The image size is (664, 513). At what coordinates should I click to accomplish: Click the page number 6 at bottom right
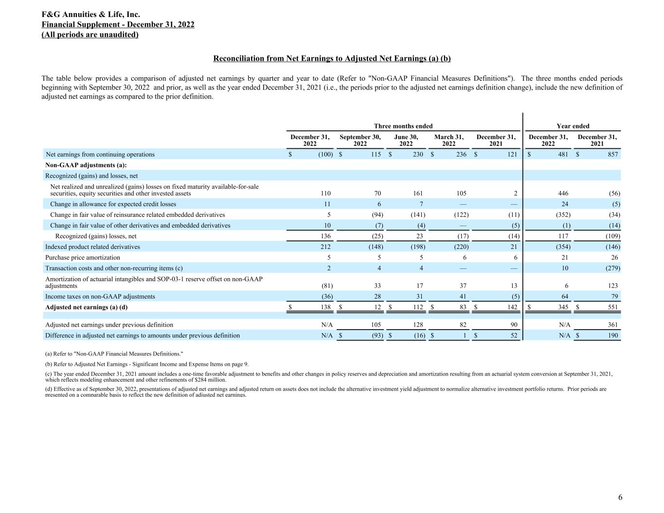click(x=620, y=497)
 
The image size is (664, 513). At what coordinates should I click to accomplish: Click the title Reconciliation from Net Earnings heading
click(x=332, y=59)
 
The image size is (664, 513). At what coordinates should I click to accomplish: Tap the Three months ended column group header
click(x=403, y=126)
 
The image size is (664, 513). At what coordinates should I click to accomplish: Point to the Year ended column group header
click(x=573, y=126)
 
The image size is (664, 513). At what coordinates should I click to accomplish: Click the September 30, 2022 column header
click(x=360, y=141)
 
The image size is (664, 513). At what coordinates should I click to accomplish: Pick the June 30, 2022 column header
click(x=406, y=141)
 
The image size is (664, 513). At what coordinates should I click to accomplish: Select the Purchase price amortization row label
click(x=83, y=258)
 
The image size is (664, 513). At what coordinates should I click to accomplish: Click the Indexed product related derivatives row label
click(x=92, y=247)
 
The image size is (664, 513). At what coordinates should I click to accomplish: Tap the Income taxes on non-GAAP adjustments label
click(x=100, y=297)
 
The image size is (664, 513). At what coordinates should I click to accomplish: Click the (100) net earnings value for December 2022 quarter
click(x=325, y=155)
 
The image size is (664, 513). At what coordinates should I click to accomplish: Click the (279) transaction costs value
click(x=611, y=268)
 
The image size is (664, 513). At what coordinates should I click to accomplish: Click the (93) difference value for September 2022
click(x=376, y=336)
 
